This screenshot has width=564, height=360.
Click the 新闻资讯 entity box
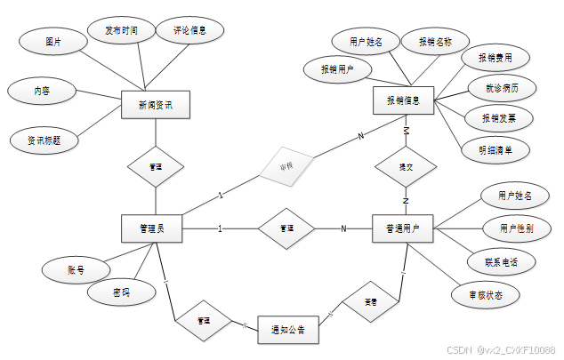pos(156,106)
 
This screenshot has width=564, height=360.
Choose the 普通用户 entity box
pos(403,228)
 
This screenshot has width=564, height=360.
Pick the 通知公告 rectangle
pos(287,330)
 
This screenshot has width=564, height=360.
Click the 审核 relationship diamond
pos(286,165)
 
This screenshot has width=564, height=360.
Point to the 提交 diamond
pos(406,166)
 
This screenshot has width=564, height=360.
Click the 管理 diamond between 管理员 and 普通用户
pos(286,228)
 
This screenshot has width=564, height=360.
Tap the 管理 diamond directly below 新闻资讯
pos(156,166)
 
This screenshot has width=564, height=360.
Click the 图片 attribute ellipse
pos(53,42)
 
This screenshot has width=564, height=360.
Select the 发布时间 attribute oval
pos(121,31)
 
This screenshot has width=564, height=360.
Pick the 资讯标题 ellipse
pos(44,140)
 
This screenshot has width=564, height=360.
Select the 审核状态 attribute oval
pos(485,295)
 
